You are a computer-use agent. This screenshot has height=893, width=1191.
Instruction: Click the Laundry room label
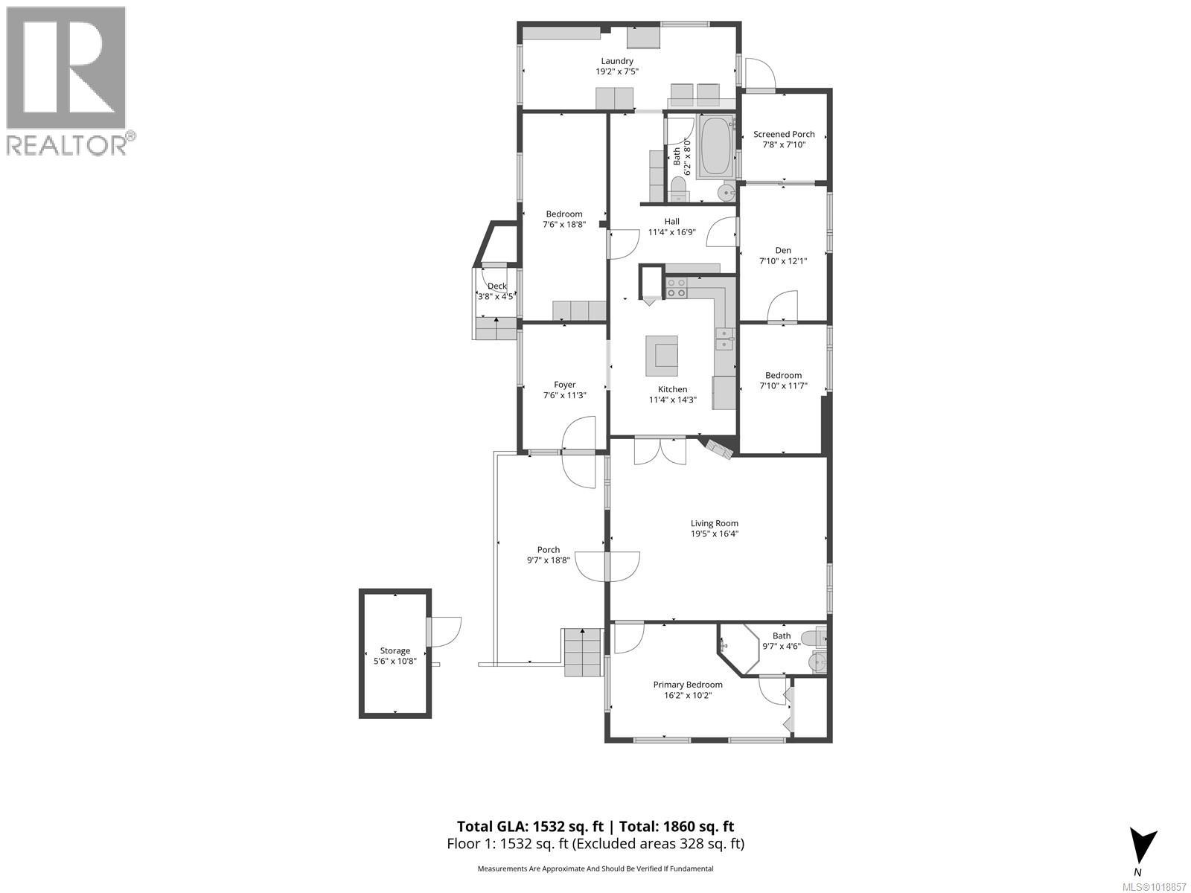pos(617,61)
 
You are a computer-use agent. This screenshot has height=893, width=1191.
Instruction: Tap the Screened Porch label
pos(784,135)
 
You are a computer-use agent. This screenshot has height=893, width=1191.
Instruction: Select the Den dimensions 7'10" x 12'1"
pos(782,261)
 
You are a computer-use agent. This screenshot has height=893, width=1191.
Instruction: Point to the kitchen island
pos(662,356)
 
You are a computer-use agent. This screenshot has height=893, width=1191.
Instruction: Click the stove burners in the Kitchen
pos(677,287)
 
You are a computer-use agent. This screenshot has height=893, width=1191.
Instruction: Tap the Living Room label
pos(714,523)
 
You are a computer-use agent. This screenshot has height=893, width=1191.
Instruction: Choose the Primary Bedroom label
pos(688,685)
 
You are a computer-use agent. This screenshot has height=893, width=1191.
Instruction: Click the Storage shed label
pos(395,650)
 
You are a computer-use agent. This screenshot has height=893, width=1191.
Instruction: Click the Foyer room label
pos(564,385)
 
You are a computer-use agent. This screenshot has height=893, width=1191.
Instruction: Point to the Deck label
pos(496,287)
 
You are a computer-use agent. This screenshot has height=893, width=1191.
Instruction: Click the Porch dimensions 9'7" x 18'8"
pos(549,560)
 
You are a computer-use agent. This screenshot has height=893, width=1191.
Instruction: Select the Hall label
pos(671,221)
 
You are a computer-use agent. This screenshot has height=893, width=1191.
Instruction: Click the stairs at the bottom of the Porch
pos(582,652)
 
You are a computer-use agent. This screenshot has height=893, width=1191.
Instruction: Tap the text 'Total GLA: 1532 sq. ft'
pos(531,826)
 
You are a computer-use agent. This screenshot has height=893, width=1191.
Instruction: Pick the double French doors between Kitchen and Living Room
pos(660,452)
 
